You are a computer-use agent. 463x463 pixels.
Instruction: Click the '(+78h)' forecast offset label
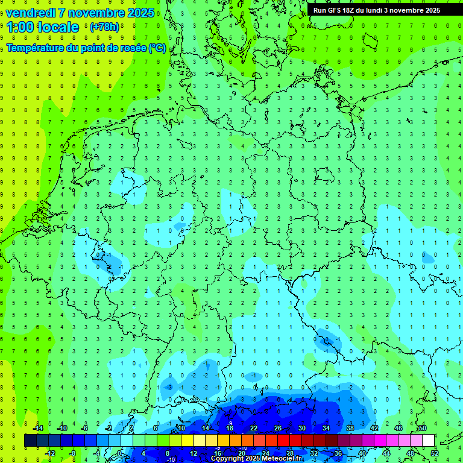104,27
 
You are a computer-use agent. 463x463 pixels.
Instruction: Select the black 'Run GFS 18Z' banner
376,10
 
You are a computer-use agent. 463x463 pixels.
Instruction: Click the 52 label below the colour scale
435,453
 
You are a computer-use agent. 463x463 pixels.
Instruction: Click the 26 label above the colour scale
278,427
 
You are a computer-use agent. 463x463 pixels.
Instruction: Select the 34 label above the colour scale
326,427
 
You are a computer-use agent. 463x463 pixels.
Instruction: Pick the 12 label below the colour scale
194,453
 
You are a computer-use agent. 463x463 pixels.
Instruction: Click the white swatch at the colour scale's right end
428,441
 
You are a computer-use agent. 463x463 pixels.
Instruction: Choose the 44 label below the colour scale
386,453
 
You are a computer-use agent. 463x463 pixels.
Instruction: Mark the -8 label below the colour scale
73,453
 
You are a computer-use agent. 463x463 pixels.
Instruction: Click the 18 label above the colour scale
230,427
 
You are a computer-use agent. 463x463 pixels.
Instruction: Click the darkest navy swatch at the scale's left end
30,441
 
